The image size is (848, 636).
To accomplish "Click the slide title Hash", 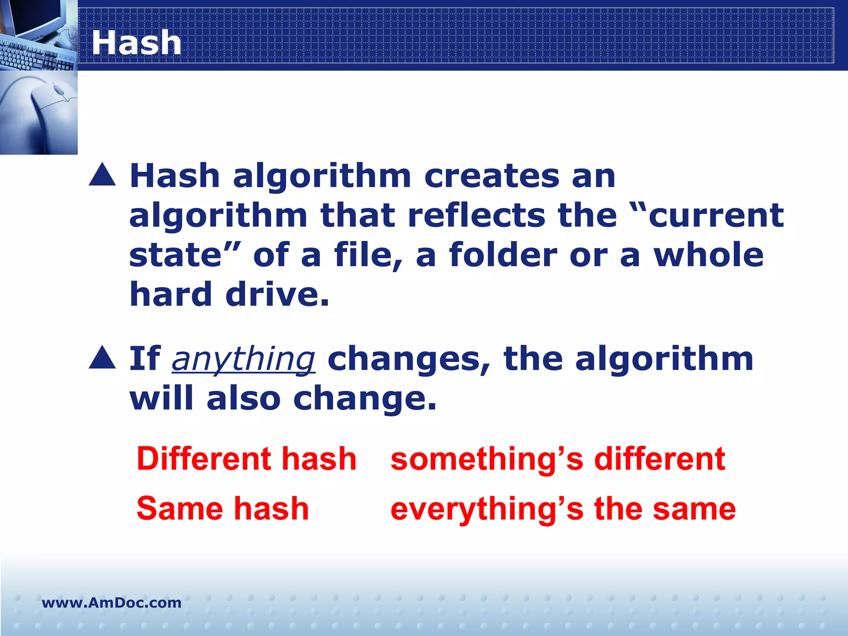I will pos(136,43).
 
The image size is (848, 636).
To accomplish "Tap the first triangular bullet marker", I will pos(102,175).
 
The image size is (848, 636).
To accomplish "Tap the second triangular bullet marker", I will pos(102,357).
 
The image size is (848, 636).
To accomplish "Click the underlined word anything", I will pos(243,359).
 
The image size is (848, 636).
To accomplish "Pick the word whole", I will pos(708,255).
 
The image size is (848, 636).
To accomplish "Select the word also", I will pos(243,398).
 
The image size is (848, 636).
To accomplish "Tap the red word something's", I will pos(487,460).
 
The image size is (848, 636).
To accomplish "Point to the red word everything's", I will pos(487,509).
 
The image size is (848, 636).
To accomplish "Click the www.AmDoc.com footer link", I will pos(111,602).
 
